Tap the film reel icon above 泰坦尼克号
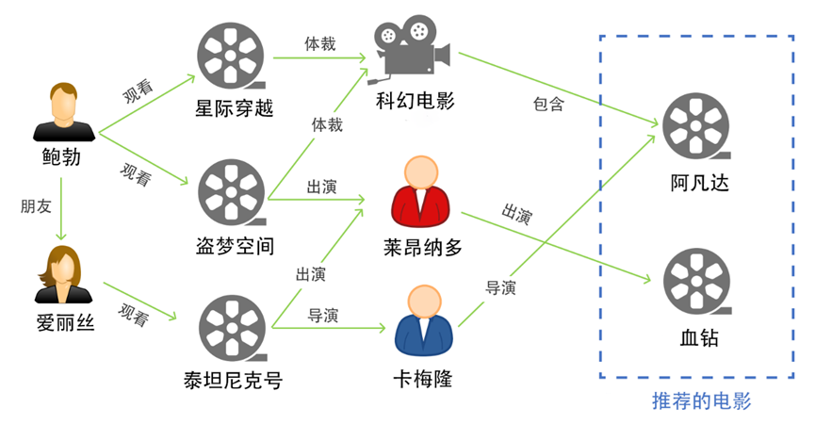click(x=233, y=327)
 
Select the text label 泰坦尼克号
click(x=233, y=381)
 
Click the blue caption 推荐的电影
click(x=701, y=401)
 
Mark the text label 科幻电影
click(x=415, y=100)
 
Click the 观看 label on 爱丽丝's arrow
click(x=134, y=316)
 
